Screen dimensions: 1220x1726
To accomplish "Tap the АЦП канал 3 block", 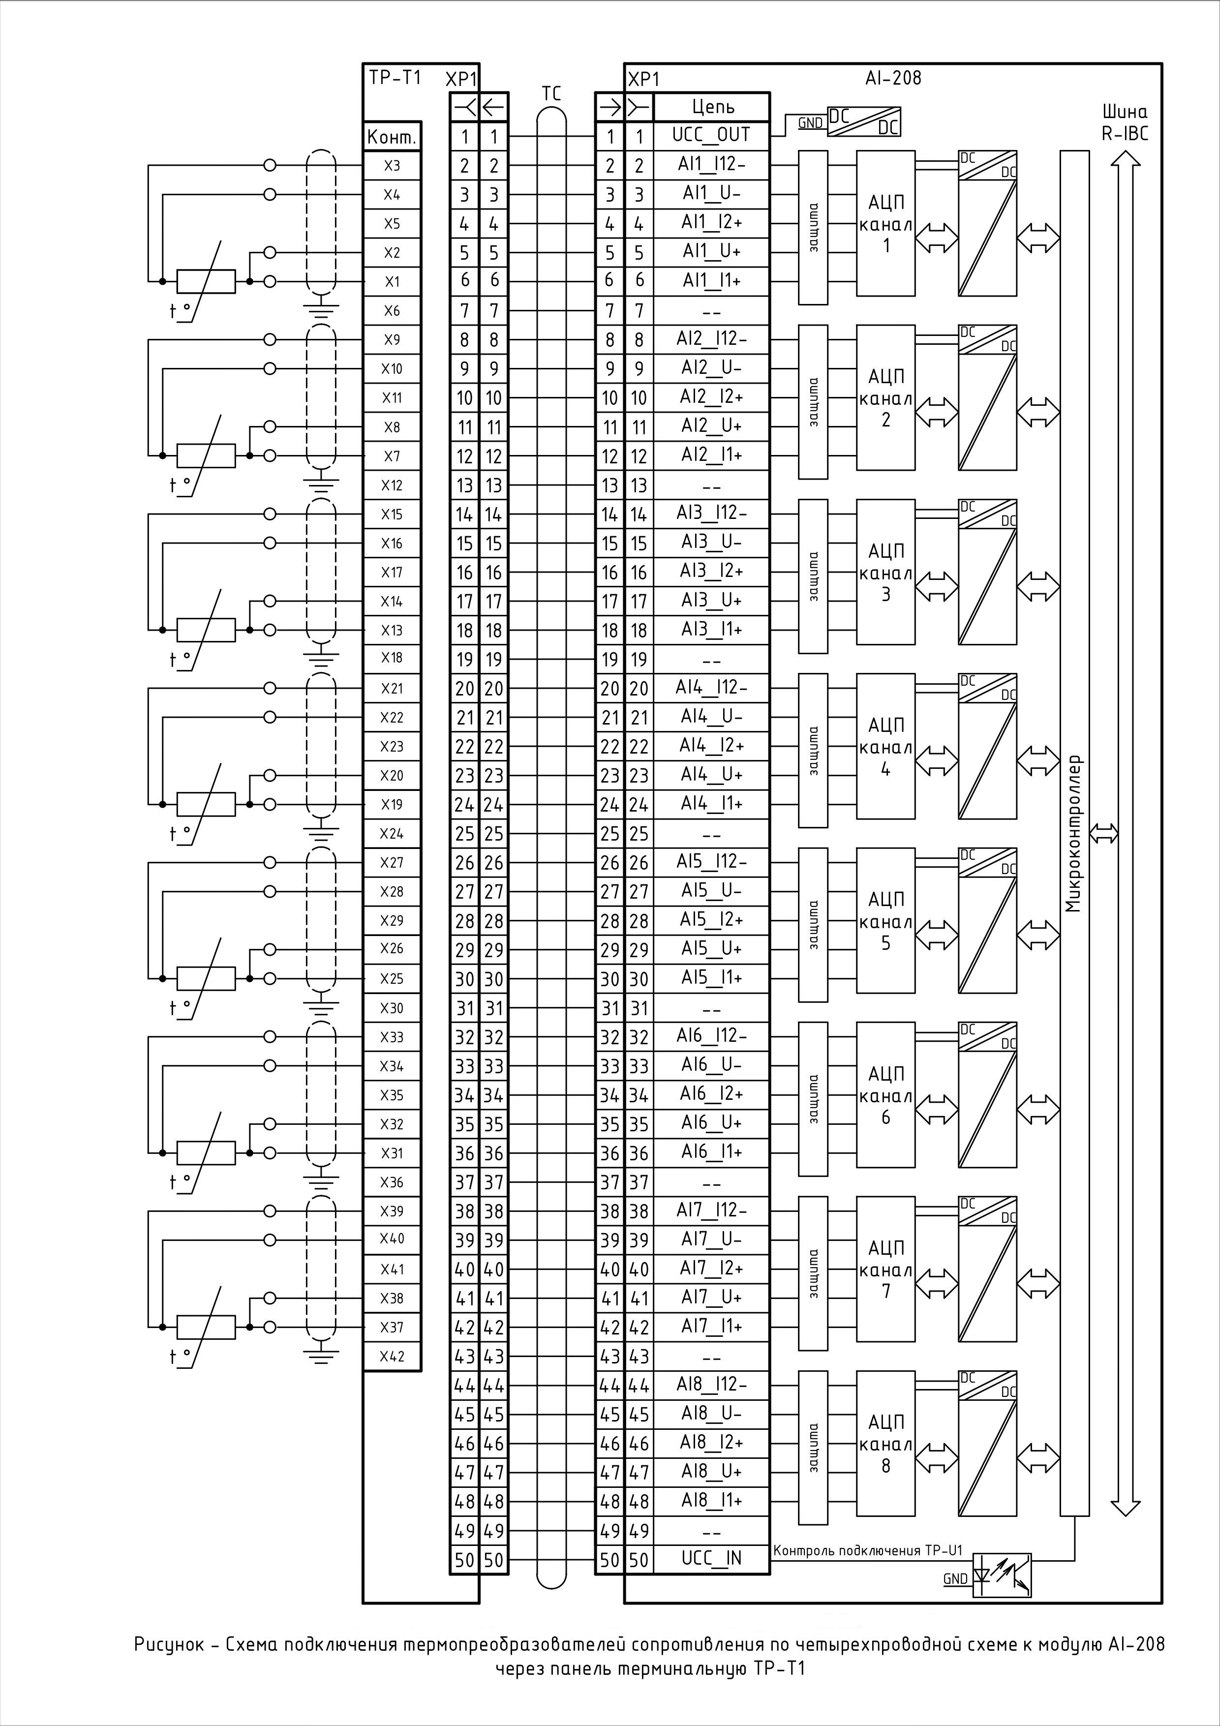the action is tap(885, 572).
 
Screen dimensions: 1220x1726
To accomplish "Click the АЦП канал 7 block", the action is tap(885, 1269).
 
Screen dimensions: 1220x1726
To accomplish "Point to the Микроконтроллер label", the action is tap(1074, 833).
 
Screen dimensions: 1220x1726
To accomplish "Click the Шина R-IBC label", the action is tap(1125, 123).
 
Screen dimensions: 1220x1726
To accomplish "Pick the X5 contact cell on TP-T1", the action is tap(392, 223).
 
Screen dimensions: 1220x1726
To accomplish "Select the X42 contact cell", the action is tap(392, 1356).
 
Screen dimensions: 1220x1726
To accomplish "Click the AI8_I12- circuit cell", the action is tap(712, 1384).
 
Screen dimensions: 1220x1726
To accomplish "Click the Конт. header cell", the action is tap(392, 137).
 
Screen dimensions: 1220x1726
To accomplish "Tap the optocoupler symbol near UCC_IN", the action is tap(1002, 1575).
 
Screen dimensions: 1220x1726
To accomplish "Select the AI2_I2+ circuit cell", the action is tap(712, 397).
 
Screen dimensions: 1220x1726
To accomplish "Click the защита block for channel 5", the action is tap(813, 925).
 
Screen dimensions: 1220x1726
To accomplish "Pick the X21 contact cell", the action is tap(392, 688).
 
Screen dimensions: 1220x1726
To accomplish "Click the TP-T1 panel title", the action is tap(395, 77).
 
